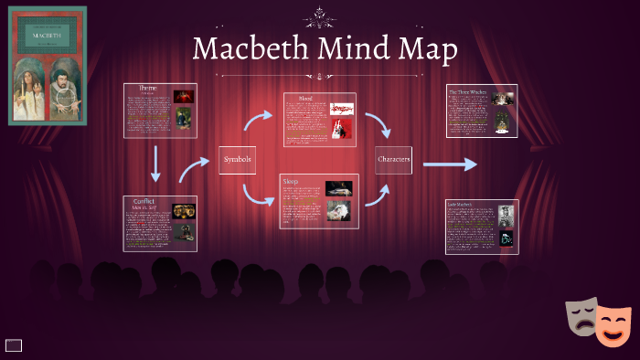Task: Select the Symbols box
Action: [x=236, y=160]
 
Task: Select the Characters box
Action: [x=393, y=160]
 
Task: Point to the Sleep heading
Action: [x=291, y=180]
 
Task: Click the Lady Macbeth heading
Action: [x=461, y=205]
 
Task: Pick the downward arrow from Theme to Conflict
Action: [x=156, y=164]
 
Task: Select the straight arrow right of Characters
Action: [x=450, y=164]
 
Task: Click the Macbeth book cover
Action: [x=47, y=65]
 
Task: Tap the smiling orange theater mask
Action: [x=611, y=325]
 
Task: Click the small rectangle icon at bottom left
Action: [x=14, y=344]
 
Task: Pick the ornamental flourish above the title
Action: [x=320, y=15]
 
